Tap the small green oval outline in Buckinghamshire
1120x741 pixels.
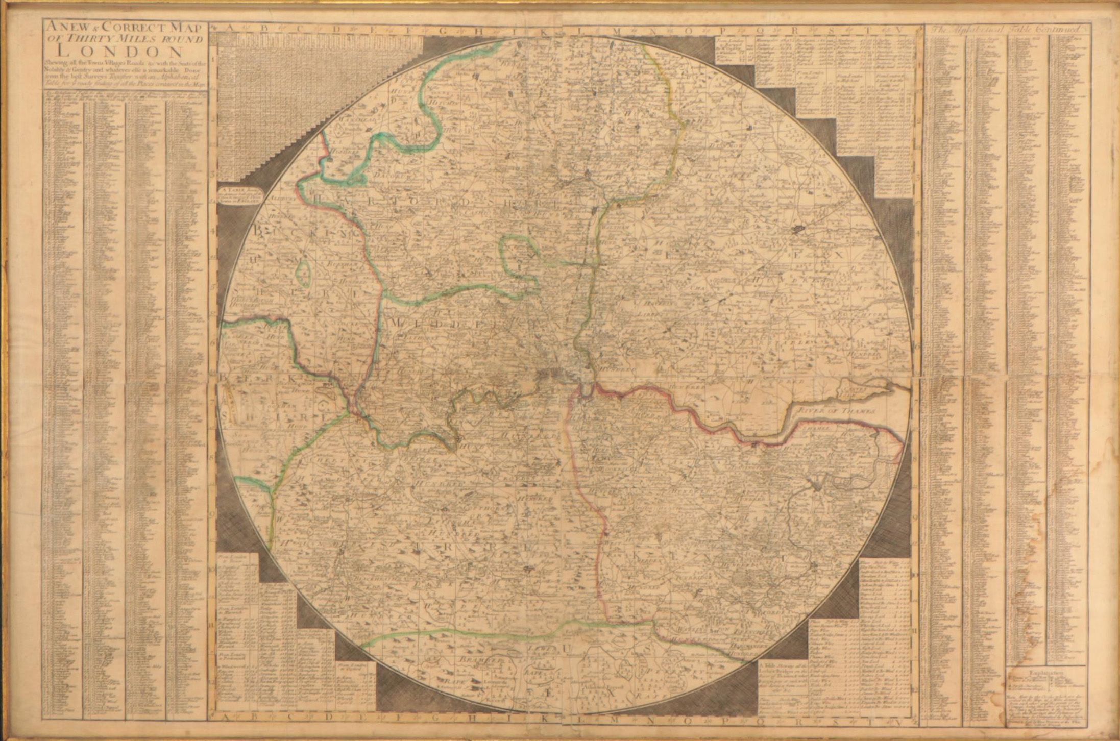pos(305,273)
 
